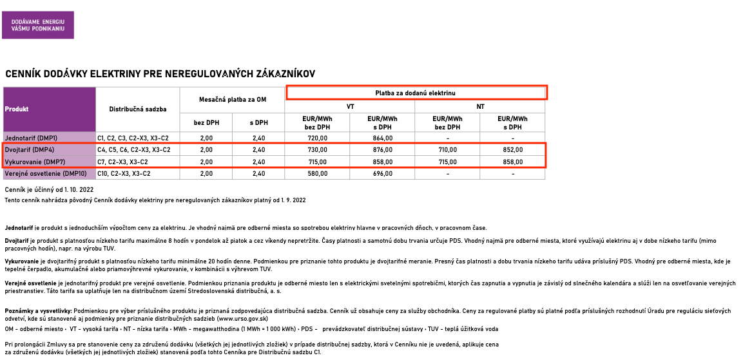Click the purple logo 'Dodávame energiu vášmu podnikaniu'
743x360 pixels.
click(38, 25)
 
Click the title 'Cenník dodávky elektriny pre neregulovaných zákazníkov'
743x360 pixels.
click(160, 74)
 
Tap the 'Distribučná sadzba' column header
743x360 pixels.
click(138, 109)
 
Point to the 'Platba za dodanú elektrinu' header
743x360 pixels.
click(416, 93)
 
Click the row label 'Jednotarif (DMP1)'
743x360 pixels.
click(31, 138)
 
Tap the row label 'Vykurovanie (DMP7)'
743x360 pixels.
click(34, 162)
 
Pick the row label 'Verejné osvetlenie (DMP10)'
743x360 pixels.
click(46, 173)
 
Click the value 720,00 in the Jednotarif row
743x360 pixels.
click(318, 138)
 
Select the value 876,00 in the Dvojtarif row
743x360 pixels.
click(383, 149)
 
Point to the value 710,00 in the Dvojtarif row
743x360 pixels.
click(448, 149)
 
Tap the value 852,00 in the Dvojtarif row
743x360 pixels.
click(513, 149)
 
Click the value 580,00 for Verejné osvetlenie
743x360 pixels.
click(318, 173)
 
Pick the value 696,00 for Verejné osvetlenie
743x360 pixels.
click(383, 173)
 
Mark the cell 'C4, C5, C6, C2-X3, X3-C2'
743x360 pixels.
click(133, 149)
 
